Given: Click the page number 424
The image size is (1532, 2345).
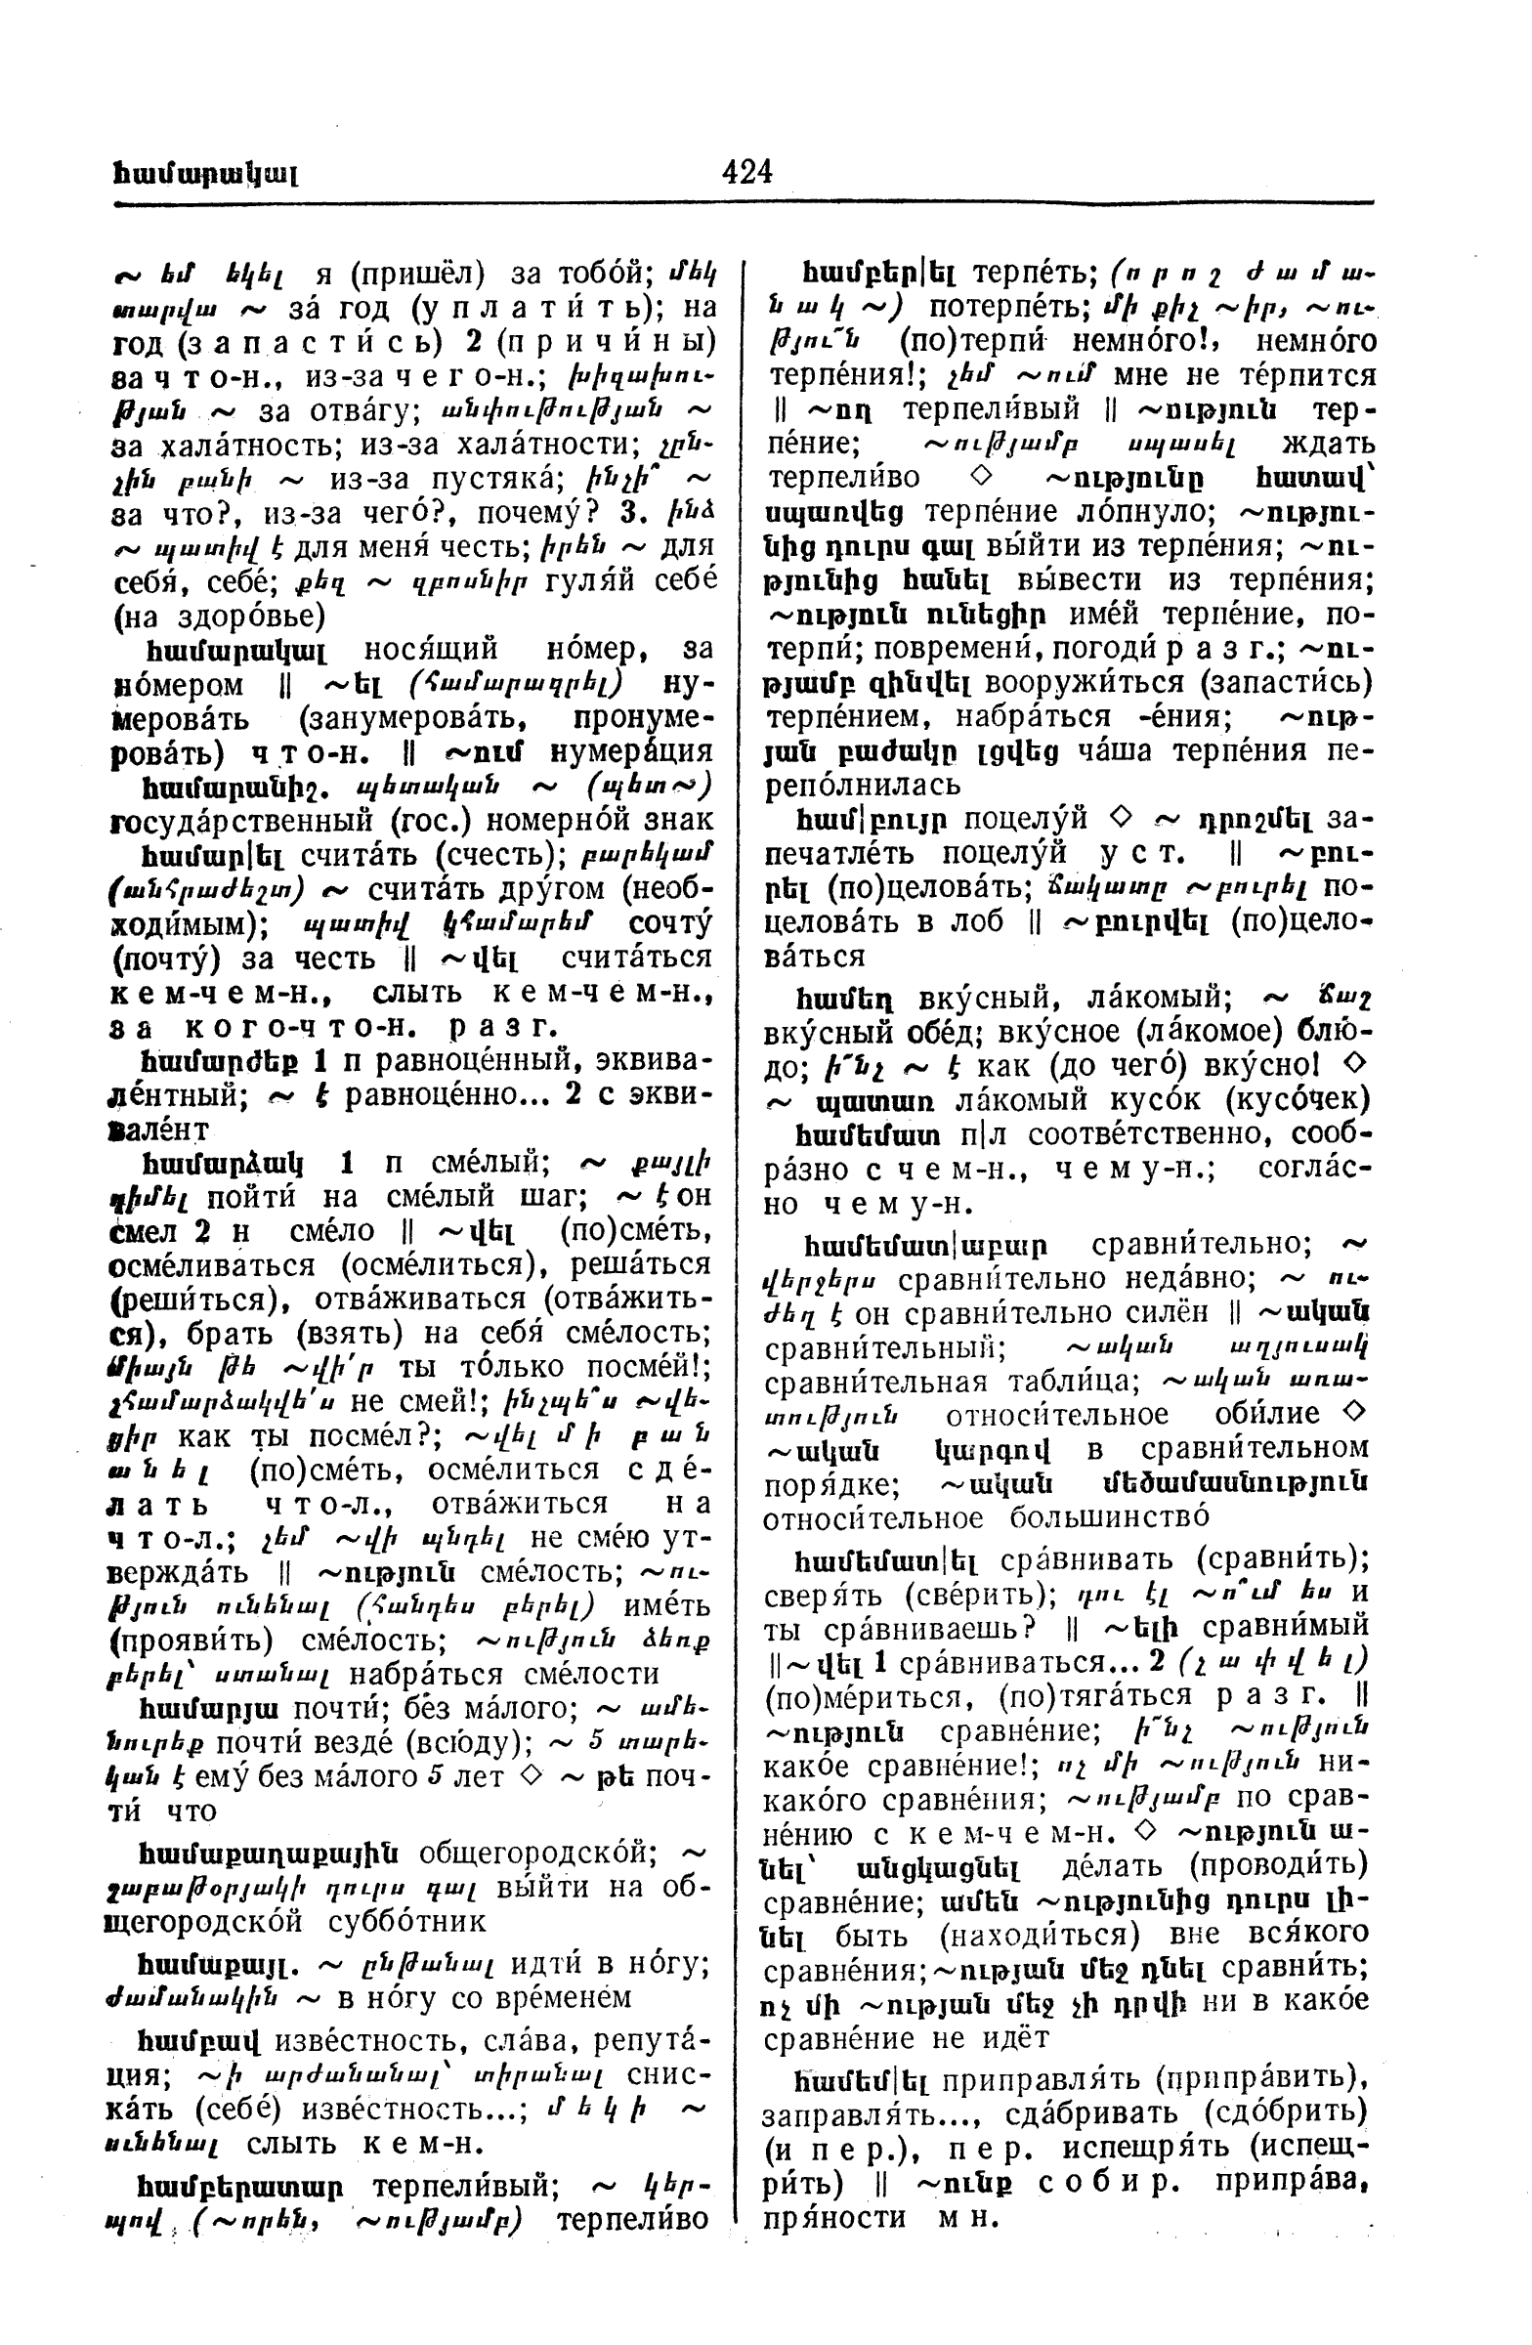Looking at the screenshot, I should (x=746, y=171).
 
